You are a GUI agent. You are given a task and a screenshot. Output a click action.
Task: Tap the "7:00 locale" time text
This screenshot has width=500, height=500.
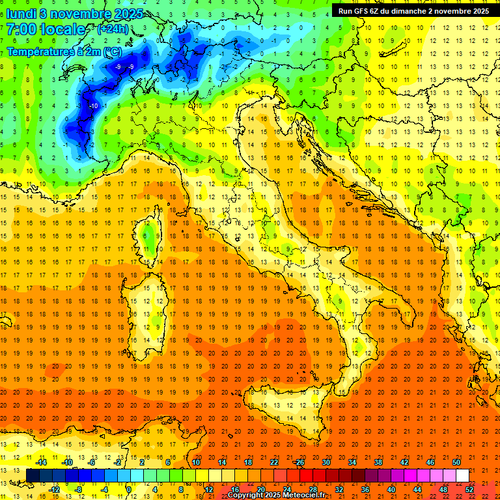click(x=46, y=29)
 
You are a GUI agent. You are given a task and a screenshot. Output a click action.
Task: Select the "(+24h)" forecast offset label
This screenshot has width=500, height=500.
click(x=113, y=29)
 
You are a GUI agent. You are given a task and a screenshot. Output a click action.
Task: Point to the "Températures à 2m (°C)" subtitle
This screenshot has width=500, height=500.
click(x=64, y=51)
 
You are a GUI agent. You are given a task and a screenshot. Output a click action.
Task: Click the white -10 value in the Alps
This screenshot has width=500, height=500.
click(x=94, y=105)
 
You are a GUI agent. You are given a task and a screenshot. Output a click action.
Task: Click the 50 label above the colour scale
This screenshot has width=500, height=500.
click(x=456, y=462)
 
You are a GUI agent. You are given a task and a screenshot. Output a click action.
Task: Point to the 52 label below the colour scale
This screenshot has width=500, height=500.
click(x=469, y=489)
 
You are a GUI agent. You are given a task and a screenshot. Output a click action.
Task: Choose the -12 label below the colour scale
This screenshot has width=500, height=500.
click(x=54, y=489)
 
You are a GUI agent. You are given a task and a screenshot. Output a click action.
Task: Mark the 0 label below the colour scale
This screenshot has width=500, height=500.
click(x=129, y=489)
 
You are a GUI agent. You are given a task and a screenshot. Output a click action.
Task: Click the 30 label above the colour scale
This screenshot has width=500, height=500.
click(x=326, y=462)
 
